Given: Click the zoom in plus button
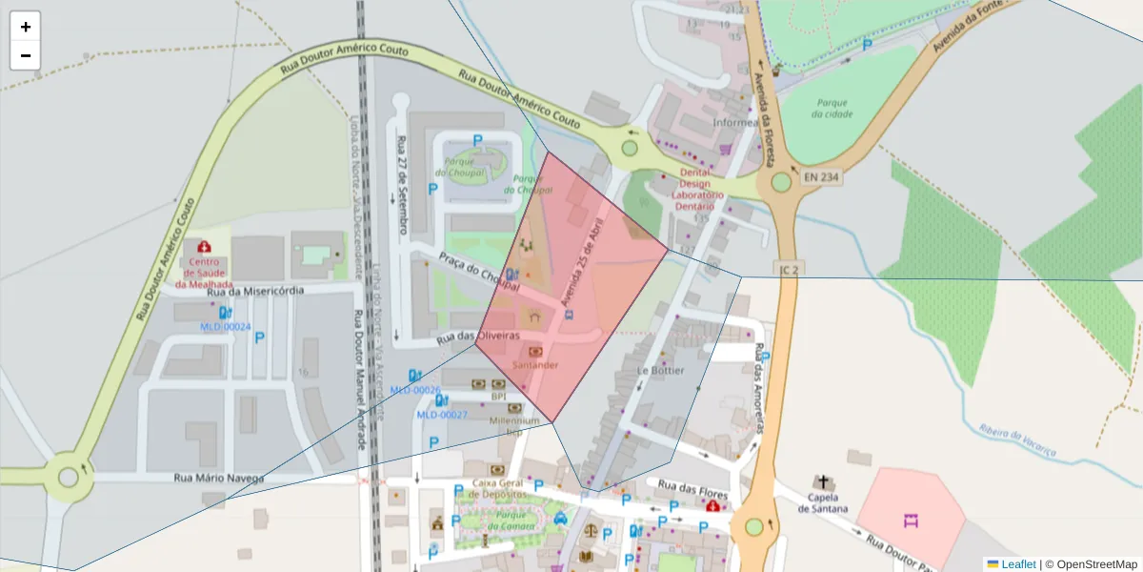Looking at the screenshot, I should [x=26, y=27].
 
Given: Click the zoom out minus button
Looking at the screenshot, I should [x=26, y=55].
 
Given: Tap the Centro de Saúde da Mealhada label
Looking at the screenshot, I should [x=204, y=273].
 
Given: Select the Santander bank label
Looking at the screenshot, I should [x=534, y=365].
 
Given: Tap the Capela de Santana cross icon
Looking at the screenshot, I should [x=822, y=482].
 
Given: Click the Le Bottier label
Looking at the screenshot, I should [x=661, y=370].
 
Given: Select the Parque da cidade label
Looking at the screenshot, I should [x=832, y=108].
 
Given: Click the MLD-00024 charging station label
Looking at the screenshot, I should [x=225, y=327].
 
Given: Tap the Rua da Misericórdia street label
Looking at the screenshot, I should [x=256, y=291].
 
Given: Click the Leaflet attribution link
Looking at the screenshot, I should [x=1018, y=564].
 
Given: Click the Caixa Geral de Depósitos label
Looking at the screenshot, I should [x=499, y=489].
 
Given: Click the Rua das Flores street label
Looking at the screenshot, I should [x=692, y=490].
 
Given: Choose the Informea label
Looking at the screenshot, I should [x=734, y=122].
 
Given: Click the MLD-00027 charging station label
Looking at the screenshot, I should [x=442, y=415].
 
